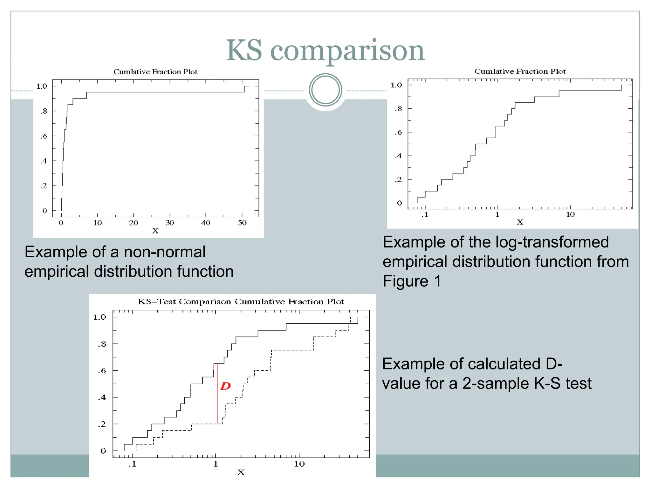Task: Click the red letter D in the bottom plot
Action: coord(225,386)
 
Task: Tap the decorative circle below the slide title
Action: coord(325,90)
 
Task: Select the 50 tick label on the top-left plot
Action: coord(242,223)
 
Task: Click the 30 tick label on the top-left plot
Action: coord(170,223)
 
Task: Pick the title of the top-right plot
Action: coord(520,71)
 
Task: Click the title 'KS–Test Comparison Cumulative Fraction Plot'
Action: coord(241,302)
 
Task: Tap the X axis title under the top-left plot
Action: coord(155,231)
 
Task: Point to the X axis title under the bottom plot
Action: coord(241,472)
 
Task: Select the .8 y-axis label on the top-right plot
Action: coord(398,109)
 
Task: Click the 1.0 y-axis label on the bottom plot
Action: coord(99,317)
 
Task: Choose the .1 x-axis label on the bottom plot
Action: coord(132,464)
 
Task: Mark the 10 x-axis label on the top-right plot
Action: coord(570,215)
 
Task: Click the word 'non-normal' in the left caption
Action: coord(165,252)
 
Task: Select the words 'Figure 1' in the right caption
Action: coord(412,281)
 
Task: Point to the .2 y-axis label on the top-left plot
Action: coord(44,186)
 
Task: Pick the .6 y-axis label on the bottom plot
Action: coord(102,371)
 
